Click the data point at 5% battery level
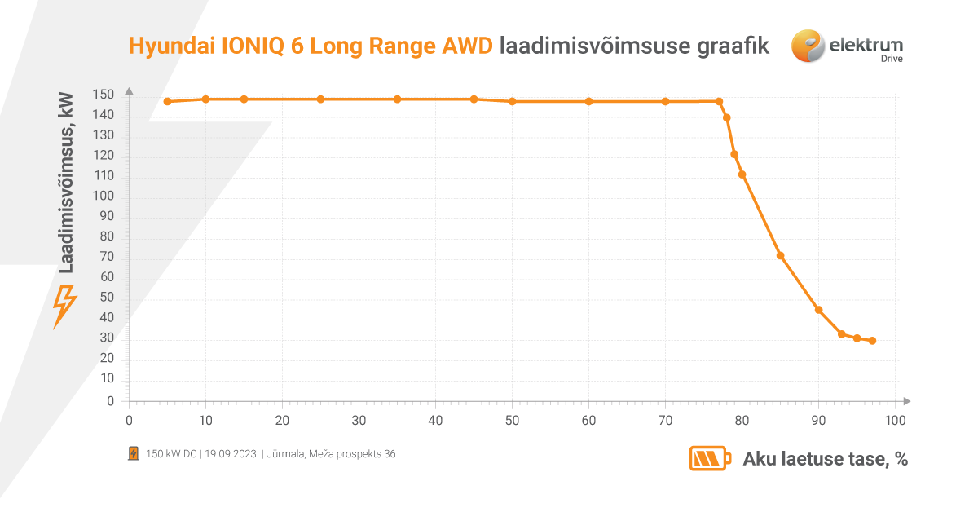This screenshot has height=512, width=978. (167, 102)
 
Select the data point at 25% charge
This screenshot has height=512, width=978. (320, 99)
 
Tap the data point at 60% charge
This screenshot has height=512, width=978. (589, 102)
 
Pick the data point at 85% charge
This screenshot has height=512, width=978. (780, 256)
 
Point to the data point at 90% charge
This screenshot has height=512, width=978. (818, 310)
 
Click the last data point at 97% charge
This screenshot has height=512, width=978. (872, 341)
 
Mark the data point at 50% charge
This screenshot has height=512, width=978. (512, 102)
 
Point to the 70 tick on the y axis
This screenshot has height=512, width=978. (108, 258)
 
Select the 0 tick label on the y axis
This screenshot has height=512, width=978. (111, 401)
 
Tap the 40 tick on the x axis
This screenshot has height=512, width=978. (435, 421)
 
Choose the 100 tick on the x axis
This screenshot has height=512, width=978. (895, 421)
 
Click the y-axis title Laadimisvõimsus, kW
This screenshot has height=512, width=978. (67, 182)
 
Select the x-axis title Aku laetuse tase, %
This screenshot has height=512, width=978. (825, 459)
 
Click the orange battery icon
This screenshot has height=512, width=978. (711, 459)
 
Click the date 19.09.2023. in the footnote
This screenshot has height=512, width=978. (232, 454)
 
